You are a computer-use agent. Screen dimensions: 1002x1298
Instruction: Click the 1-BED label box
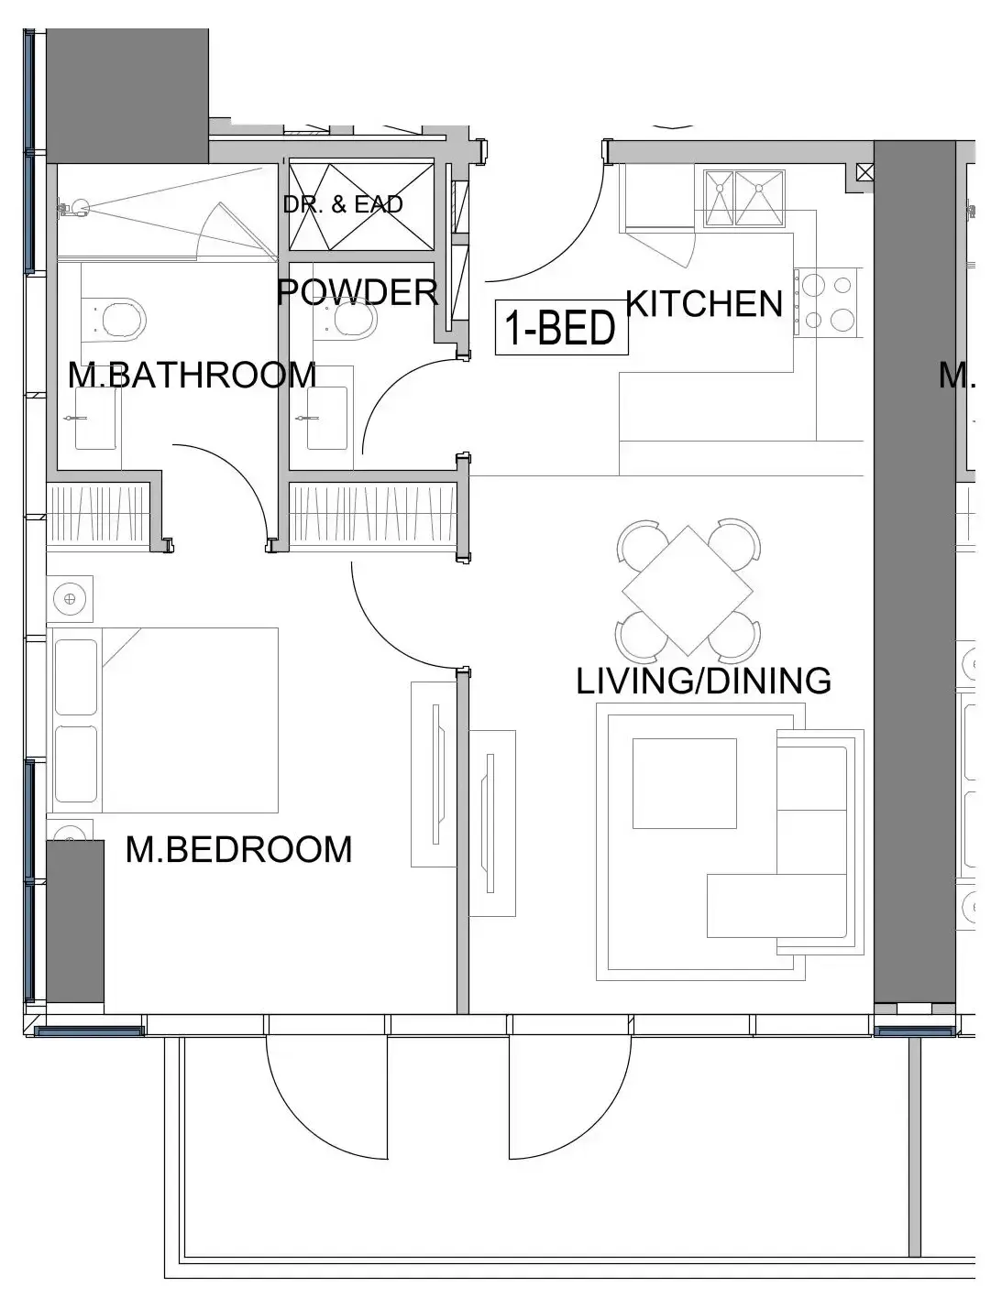(x=562, y=327)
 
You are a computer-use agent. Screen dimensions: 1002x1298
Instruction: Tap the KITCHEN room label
(x=704, y=303)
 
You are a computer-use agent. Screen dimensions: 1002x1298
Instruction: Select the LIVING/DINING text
(x=703, y=681)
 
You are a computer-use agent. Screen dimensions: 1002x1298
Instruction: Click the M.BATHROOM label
(x=192, y=375)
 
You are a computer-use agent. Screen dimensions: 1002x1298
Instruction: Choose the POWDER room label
(x=358, y=292)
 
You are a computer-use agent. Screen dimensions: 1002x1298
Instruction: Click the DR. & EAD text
(x=343, y=204)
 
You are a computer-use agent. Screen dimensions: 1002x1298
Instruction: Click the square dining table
(x=688, y=591)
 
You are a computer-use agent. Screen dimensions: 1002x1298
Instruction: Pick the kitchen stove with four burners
(x=830, y=301)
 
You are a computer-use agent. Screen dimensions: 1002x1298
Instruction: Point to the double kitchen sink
(x=743, y=198)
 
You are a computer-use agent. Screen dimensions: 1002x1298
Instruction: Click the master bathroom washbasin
(x=95, y=418)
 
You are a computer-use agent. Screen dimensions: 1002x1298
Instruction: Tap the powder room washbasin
(x=327, y=418)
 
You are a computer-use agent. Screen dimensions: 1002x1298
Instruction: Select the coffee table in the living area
(x=684, y=783)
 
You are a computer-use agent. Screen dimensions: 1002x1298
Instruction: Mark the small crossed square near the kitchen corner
(x=864, y=172)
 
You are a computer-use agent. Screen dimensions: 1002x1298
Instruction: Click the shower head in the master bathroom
(x=74, y=209)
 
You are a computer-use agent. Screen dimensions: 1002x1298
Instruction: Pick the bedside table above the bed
(x=70, y=599)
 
